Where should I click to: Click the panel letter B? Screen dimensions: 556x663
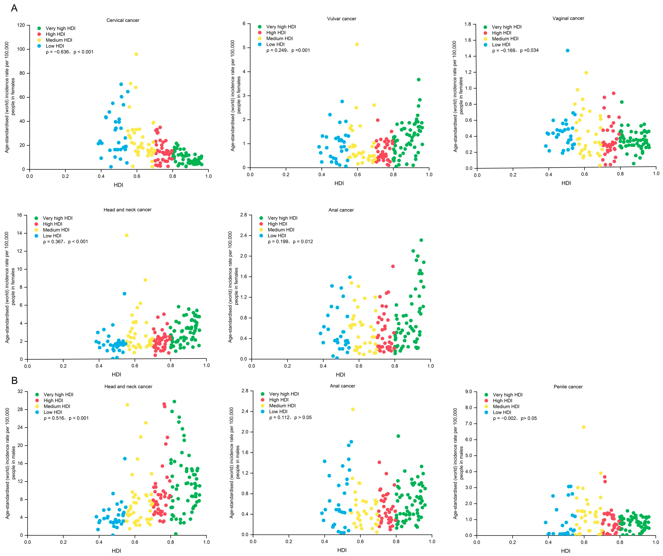click(14, 381)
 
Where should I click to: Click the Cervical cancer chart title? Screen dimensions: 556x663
click(123, 20)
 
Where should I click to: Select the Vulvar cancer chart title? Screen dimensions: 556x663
click(342, 19)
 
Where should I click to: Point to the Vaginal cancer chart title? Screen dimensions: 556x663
click(568, 18)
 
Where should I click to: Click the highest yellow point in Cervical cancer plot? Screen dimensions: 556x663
click(136, 54)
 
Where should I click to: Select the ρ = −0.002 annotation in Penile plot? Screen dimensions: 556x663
click(515, 418)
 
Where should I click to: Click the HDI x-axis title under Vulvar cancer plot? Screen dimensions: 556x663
click(339, 183)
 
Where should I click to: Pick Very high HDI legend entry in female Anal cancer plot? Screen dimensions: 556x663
click(282, 218)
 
